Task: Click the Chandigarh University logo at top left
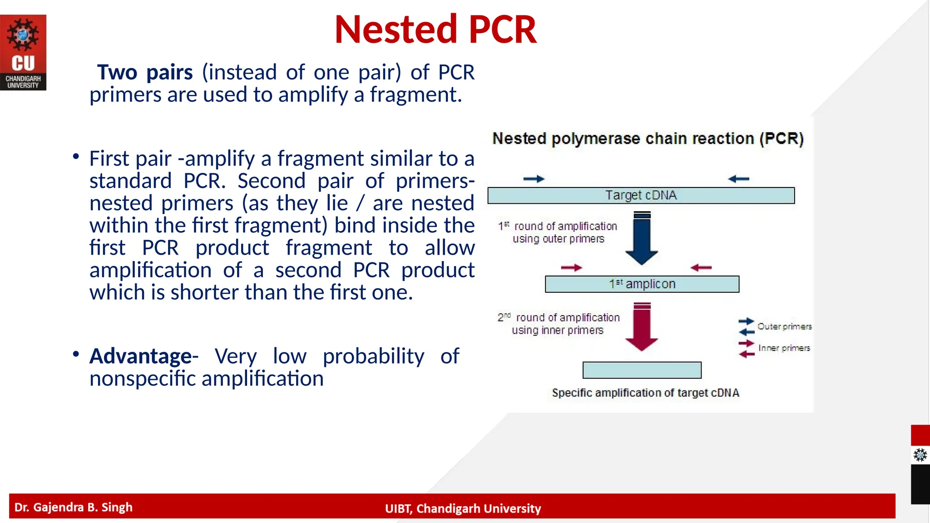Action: pyautogui.click(x=23, y=52)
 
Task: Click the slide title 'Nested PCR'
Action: pyautogui.click(x=435, y=30)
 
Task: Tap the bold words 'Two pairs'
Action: pyautogui.click(x=145, y=73)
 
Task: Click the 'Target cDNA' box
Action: pyautogui.click(x=641, y=195)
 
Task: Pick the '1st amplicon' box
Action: pyautogui.click(x=642, y=284)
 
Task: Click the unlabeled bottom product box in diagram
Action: pyautogui.click(x=642, y=370)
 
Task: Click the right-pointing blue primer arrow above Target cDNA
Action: pyautogui.click(x=534, y=179)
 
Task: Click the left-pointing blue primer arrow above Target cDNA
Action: pyautogui.click(x=738, y=179)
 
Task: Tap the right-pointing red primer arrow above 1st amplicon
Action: pyautogui.click(x=571, y=268)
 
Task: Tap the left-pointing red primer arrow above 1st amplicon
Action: pyautogui.click(x=701, y=268)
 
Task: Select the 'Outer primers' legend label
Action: pyautogui.click(x=784, y=326)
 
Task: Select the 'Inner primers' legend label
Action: pyautogui.click(x=784, y=348)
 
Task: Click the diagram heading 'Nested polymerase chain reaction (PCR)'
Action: pyautogui.click(x=648, y=138)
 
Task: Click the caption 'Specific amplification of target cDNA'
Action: pyautogui.click(x=645, y=393)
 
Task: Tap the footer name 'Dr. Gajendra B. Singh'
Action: pyautogui.click(x=74, y=507)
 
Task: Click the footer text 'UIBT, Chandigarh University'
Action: pyautogui.click(x=463, y=508)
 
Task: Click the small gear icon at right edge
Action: pyautogui.click(x=920, y=455)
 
